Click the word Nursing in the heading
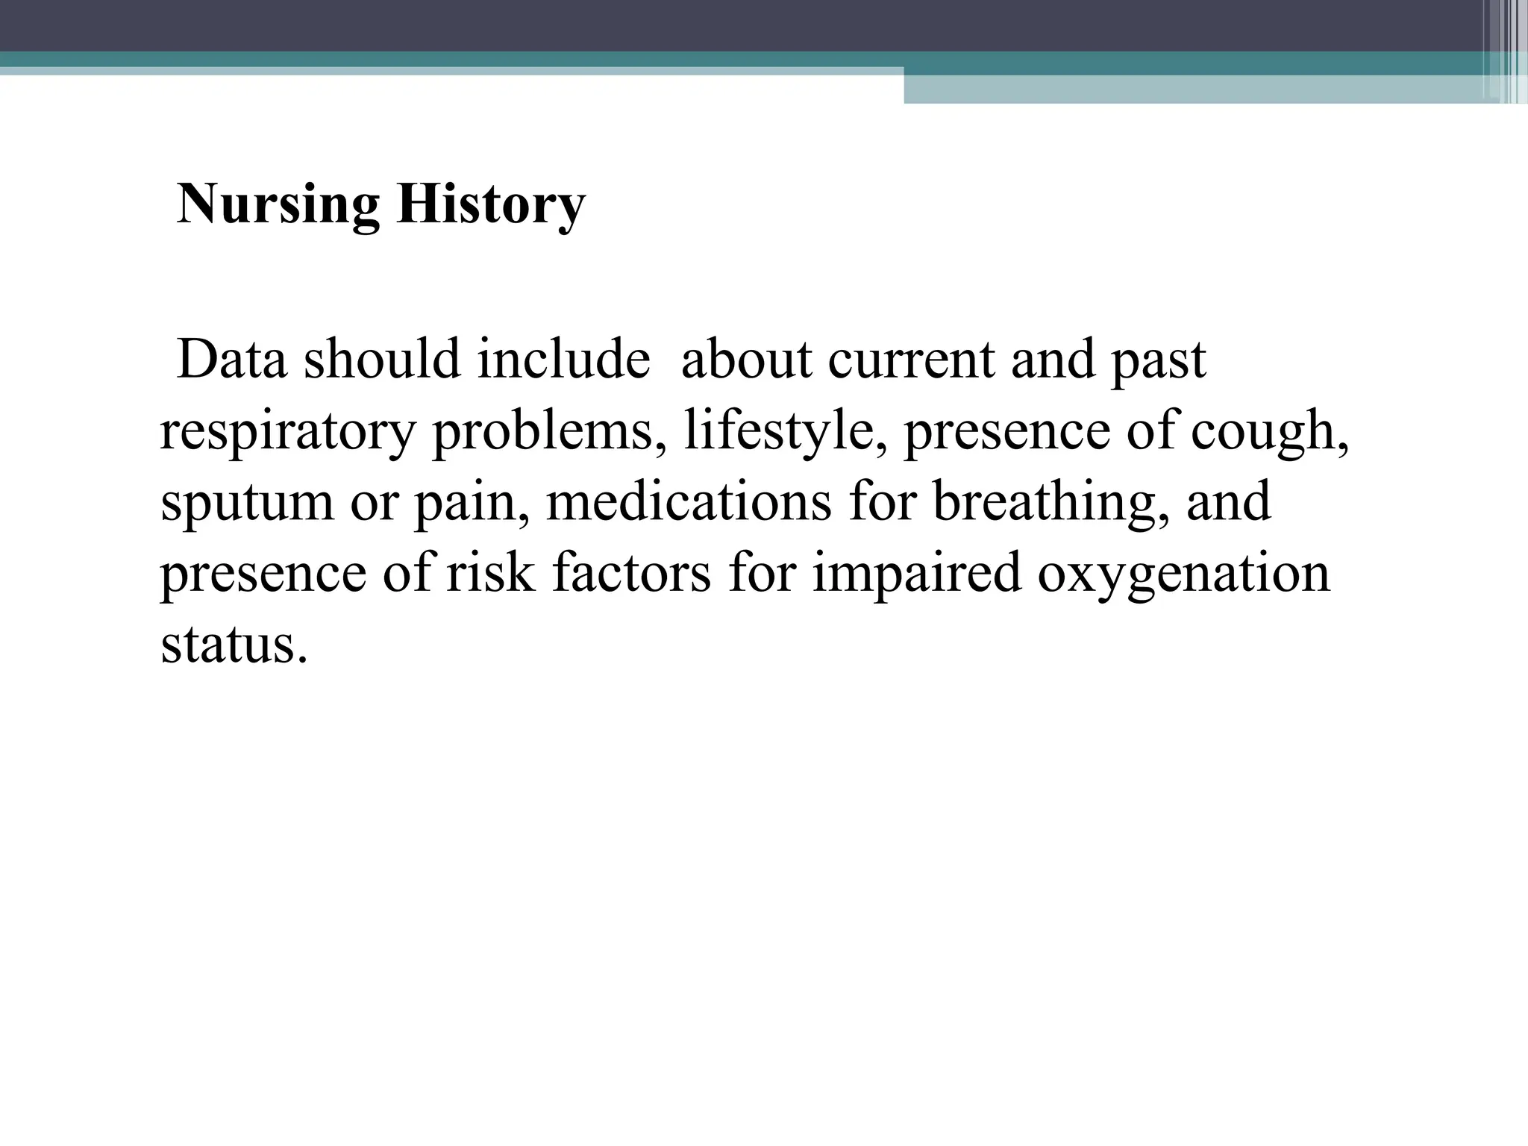(x=278, y=204)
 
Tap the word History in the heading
(x=491, y=204)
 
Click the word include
(x=563, y=360)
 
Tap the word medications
(x=688, y=501)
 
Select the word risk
(x=490, y=573)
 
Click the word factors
(x=632, y=573)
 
